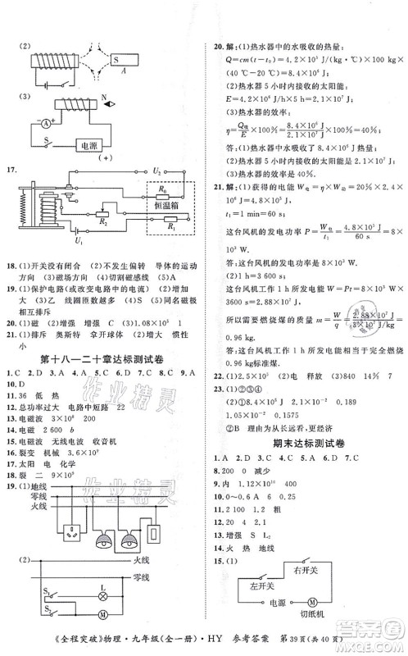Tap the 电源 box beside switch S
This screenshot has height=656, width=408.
pos(87,146)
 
